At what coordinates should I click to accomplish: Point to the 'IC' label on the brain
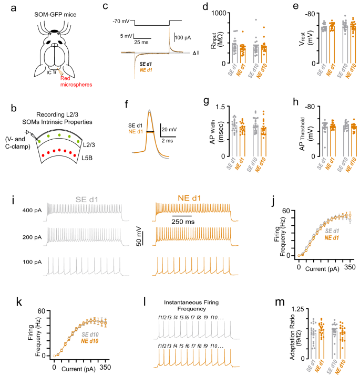(x=48, y=72)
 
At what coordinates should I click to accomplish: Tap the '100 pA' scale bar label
(x=183, y=37)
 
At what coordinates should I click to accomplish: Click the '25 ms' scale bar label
(x=141, y=41)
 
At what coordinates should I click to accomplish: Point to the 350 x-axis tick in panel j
(x=347, y=267)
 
